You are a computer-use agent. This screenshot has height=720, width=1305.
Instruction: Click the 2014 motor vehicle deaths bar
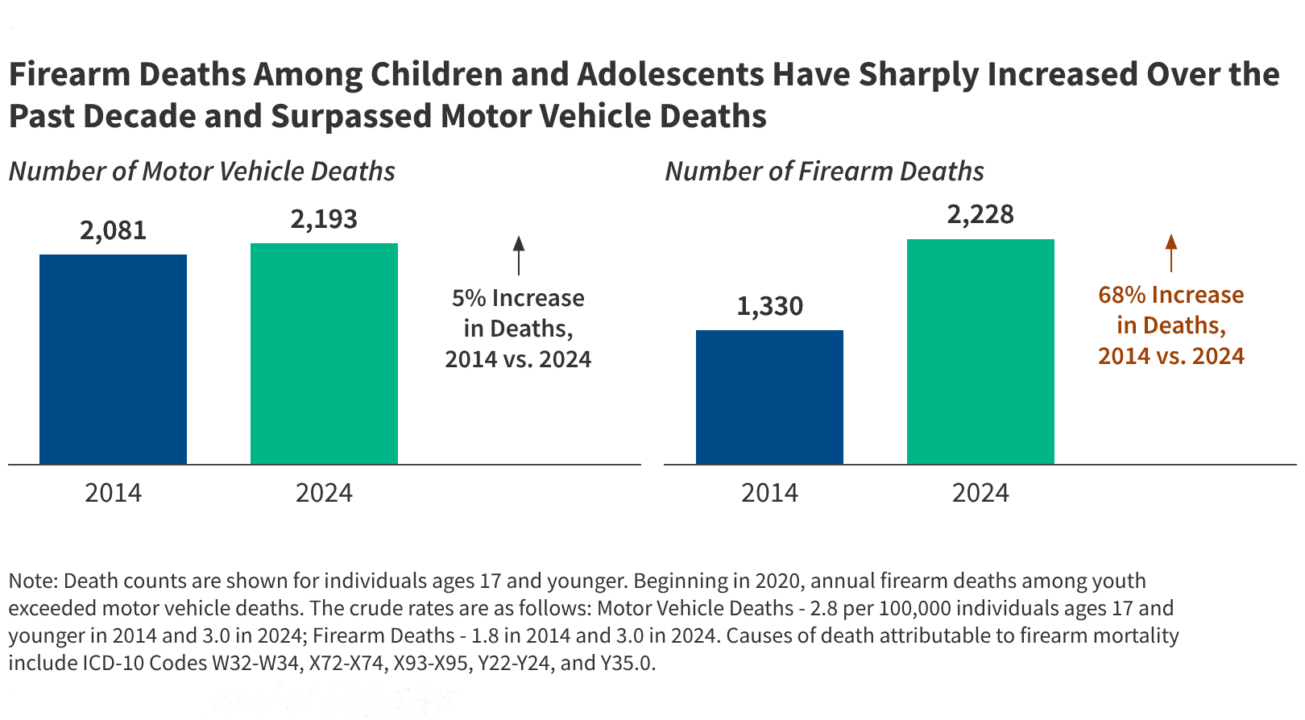(x=113, y=359)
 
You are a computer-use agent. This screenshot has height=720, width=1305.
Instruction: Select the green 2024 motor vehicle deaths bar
(x=324, y=354)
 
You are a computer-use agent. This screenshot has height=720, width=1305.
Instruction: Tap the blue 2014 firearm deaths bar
(x=769, y=397)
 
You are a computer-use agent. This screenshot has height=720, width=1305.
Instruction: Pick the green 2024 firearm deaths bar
(x=980, y=352)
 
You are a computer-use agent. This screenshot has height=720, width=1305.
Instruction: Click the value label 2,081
(x=113, y=231)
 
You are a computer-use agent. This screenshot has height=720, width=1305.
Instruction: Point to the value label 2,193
(x=324, y=220)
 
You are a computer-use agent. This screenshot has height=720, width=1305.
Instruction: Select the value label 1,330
(x=769, y=307)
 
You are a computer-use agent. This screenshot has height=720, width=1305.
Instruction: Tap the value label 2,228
(x=980, y=215)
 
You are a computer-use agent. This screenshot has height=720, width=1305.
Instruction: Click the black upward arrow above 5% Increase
(x=519, y=254)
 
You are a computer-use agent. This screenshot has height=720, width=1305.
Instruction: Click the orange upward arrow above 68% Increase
(x=1171, y=252)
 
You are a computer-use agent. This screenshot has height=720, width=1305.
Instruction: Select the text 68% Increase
(x=1170, y=295)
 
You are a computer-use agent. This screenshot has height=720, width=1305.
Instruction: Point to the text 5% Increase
(x=518, y=298)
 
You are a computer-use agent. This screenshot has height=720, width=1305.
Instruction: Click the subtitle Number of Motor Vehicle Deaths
(x=201, y=172)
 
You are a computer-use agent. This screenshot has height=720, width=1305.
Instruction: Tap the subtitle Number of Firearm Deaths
(x=824, y=172)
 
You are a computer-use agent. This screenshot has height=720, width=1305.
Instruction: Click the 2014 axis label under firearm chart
(x=769, y=493)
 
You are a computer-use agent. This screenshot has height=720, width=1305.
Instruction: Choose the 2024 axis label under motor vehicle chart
(x=324, y=493)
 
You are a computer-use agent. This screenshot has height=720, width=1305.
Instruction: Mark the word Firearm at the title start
(x=68, y=75)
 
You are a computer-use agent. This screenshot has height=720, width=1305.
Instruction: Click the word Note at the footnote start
(x=31, y=581)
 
